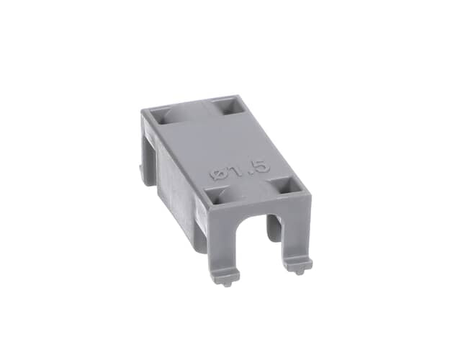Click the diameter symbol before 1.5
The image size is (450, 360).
217,174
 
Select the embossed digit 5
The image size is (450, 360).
262,166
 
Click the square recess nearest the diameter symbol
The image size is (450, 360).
217,196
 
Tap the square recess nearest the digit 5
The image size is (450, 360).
287,185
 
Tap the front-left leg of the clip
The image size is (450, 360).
225,241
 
